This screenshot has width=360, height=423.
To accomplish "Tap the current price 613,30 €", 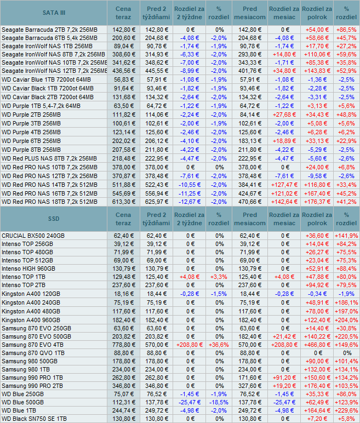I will [123, 202].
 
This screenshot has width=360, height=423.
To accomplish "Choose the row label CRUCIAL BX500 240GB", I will [33, 236].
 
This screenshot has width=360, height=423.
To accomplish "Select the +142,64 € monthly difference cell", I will [283, 202].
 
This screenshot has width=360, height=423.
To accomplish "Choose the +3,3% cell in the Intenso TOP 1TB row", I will [219, 277].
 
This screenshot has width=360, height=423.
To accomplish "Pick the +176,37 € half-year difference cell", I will [315, 202].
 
